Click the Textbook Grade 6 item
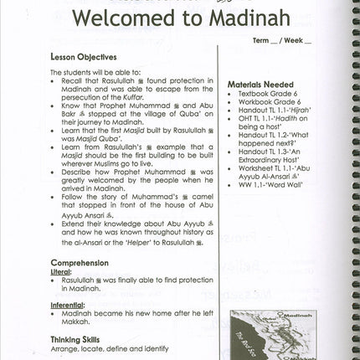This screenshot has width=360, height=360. click(x=270, y=96)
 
